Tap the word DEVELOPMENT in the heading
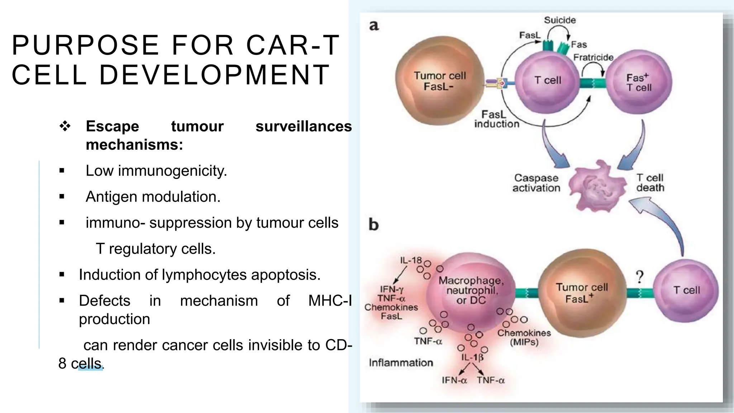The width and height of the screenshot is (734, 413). coord(214,75)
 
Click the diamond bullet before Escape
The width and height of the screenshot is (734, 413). coord(65,126)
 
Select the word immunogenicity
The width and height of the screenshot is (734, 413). coord(172,171)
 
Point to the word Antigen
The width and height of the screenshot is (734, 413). coord(111,197)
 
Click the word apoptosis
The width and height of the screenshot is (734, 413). coord(285,275)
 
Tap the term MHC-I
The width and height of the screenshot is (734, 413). coord(330,301)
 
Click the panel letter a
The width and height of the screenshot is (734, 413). coord(374,26)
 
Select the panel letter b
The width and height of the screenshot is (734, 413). coord(373,225)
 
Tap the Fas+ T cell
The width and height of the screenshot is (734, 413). coord(639,82)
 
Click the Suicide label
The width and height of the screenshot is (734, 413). coord(560,20)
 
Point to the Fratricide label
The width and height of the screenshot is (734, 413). coord(593,57)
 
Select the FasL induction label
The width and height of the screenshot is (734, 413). coord(496,119)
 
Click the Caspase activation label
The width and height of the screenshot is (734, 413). coord(536,183)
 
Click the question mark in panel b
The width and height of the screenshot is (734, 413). coord(639,277)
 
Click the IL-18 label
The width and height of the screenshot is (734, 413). coord(411,260)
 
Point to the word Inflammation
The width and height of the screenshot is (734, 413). coord(401,363)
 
